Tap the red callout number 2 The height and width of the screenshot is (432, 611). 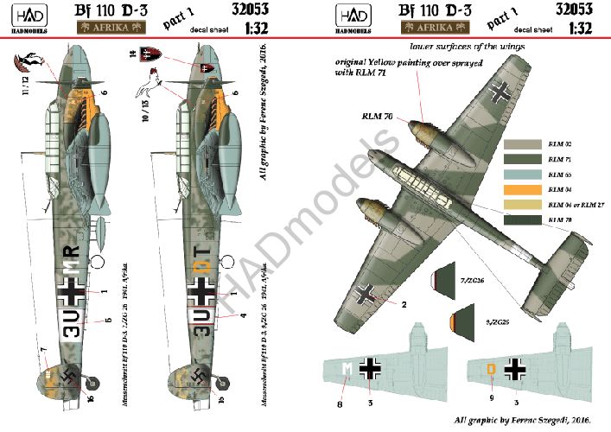pos(404,305)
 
